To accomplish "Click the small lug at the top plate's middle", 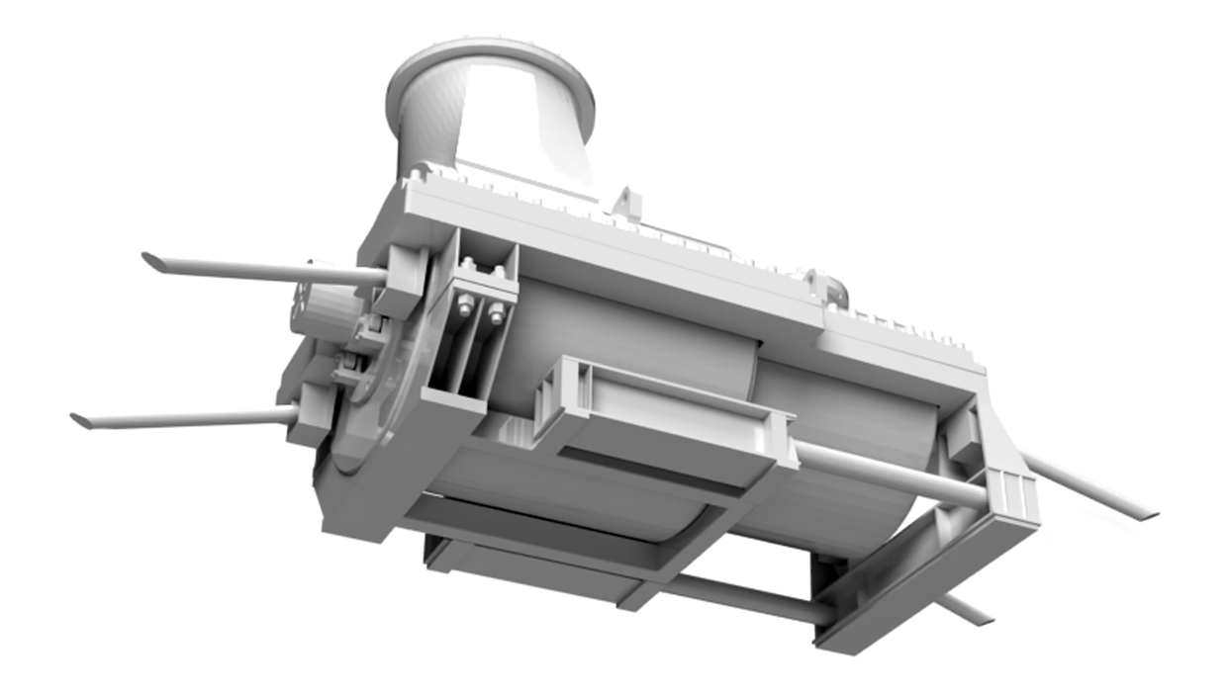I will [x=626, y=202].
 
